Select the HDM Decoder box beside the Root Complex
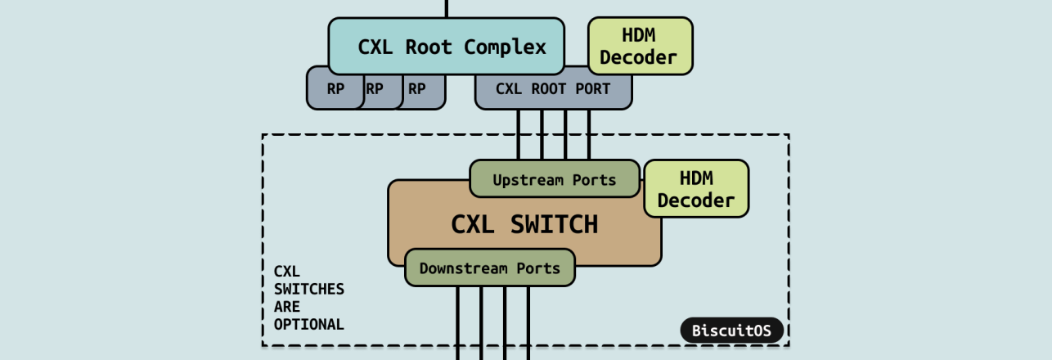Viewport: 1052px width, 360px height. tap(641, 47)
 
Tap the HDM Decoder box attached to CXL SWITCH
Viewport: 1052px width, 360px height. tap(696, 189)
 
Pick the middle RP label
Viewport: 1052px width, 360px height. tap(375, 89)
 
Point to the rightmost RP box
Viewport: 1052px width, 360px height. tap(417, 89)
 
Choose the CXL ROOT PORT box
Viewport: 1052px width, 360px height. tap(553, 89)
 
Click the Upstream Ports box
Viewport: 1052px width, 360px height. tap(554, 179)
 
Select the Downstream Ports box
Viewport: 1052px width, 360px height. tap(489, 268)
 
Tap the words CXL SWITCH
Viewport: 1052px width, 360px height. tap(524, 224)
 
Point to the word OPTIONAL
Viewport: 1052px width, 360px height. tap(308, 325)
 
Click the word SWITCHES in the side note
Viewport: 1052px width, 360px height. tap(308, 289)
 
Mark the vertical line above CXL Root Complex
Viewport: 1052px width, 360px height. tap(447, 8)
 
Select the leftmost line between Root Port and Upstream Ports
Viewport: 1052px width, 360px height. tap(519, 134)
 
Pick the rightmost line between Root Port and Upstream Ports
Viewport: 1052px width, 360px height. tap(589, 134)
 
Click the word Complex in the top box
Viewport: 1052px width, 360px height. tap(505, 47)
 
